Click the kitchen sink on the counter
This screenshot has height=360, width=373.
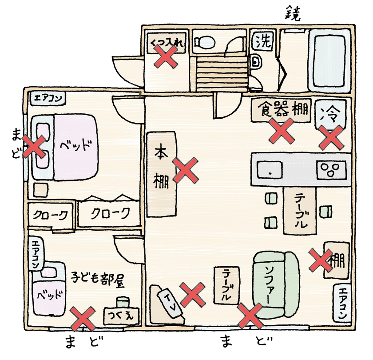(x=270, y=169)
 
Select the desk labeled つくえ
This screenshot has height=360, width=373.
(x=120, y=315)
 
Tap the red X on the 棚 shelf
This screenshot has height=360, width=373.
(x=321, y=260)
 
